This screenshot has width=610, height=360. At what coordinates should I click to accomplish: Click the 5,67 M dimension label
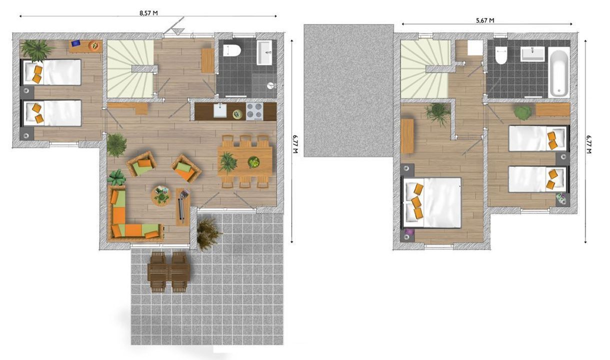coord(484,20)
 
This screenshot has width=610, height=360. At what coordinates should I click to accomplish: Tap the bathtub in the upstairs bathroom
coord(558,73)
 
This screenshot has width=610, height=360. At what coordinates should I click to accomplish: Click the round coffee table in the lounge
coord(161,195)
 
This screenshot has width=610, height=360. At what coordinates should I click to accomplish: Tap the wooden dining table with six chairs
coord(245,161)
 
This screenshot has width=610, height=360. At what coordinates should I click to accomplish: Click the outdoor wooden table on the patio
coord(168,271)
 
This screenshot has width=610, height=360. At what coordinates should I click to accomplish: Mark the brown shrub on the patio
coord(207,232)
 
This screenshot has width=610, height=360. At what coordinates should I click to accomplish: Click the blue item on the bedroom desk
coord(76,43)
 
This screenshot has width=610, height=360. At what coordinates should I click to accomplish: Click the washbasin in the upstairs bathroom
coord(532,53)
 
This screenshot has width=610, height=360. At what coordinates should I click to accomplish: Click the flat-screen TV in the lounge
coord(181,205)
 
